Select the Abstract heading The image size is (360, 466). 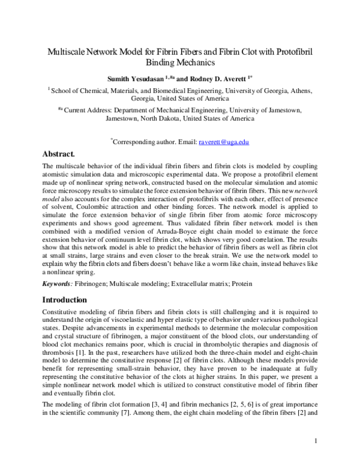62,154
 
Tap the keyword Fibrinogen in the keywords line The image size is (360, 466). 91,282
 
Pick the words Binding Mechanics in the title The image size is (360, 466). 180,62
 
